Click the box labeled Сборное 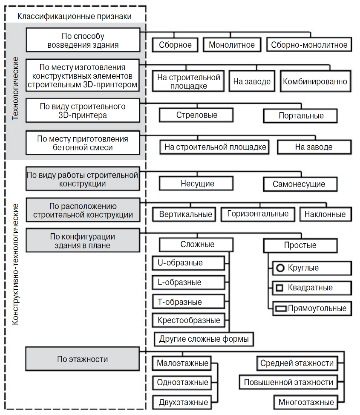(175, 45)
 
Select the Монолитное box (232, 45)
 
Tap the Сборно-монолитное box (309, 45)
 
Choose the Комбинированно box (316, 81)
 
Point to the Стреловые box (196, 115)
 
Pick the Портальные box (300, 115)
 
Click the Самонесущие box (300, 184)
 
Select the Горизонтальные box (258, 214)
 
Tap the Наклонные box (325, 214)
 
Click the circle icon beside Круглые (280, 268)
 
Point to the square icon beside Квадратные (280, 288)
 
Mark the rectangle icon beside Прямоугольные (281, 308)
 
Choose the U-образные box (188, 263)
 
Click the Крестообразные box (188, 320)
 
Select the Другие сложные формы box (204, 339)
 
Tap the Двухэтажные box (182, 402)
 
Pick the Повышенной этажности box (288, 382)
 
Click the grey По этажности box (83, 359)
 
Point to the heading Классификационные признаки (75, 17)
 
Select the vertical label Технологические (15, 88)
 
